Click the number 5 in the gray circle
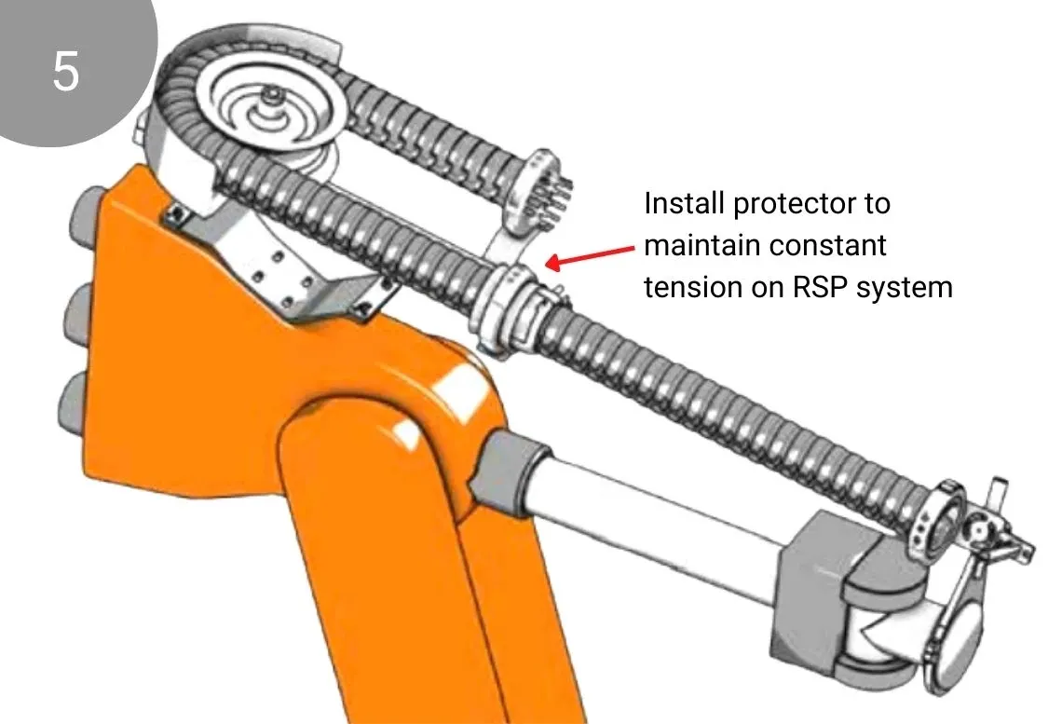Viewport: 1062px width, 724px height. coord(66,71)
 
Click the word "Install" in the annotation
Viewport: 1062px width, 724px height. coord(684,203)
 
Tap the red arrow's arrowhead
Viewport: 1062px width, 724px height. coord(553,262)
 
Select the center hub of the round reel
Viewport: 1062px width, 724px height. coord(274,102)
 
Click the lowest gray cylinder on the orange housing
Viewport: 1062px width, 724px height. coord(74,405)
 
